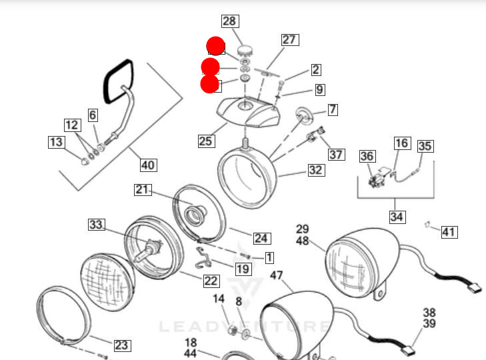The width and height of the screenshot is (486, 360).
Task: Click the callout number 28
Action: (229, 21)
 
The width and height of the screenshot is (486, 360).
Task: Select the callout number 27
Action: (289, 40)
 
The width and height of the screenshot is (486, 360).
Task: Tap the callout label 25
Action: (206, 141)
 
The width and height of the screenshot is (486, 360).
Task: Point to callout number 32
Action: (315, 170)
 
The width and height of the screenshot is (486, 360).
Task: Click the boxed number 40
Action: (148, 165)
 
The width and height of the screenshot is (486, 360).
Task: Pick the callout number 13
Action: (56, 142)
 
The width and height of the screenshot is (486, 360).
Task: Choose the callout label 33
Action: (97, 225)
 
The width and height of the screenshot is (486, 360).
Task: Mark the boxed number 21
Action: (142, 190)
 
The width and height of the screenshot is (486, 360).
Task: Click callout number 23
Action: (121, 345)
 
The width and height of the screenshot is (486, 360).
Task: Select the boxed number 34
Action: (397, 217)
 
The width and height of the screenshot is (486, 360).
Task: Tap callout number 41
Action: (449, 232)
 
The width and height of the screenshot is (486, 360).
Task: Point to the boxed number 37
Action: (337, 155)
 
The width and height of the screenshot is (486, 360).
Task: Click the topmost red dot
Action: (216, 46)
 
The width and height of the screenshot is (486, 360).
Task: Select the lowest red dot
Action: (210, 84)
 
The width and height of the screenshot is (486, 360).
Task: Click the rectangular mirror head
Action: (117, 79)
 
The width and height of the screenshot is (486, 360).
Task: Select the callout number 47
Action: (277, 275)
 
